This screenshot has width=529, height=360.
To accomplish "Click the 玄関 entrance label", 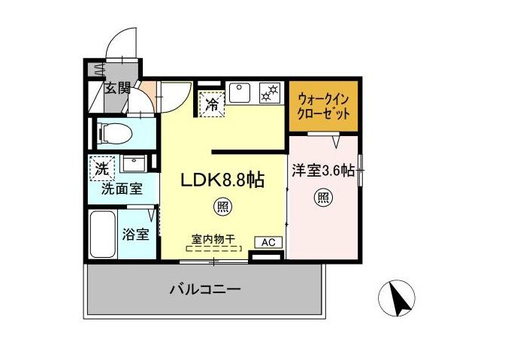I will [116, 88].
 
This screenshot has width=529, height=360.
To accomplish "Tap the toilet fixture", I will [115, 134].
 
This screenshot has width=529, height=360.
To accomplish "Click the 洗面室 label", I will [121, 189].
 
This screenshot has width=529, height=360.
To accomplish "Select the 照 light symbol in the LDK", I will [222, 204].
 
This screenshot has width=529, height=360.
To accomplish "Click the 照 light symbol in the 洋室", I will [323, 198].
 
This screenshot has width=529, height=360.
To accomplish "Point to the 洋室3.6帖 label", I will [322, 171].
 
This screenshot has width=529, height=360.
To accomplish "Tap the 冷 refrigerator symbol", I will [213, 104].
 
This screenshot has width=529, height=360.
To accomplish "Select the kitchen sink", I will [241, 93].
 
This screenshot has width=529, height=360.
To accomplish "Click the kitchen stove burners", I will [268, 93].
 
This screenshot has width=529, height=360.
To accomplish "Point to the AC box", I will [268, 242].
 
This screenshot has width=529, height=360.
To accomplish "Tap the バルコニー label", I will [204, 289].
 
